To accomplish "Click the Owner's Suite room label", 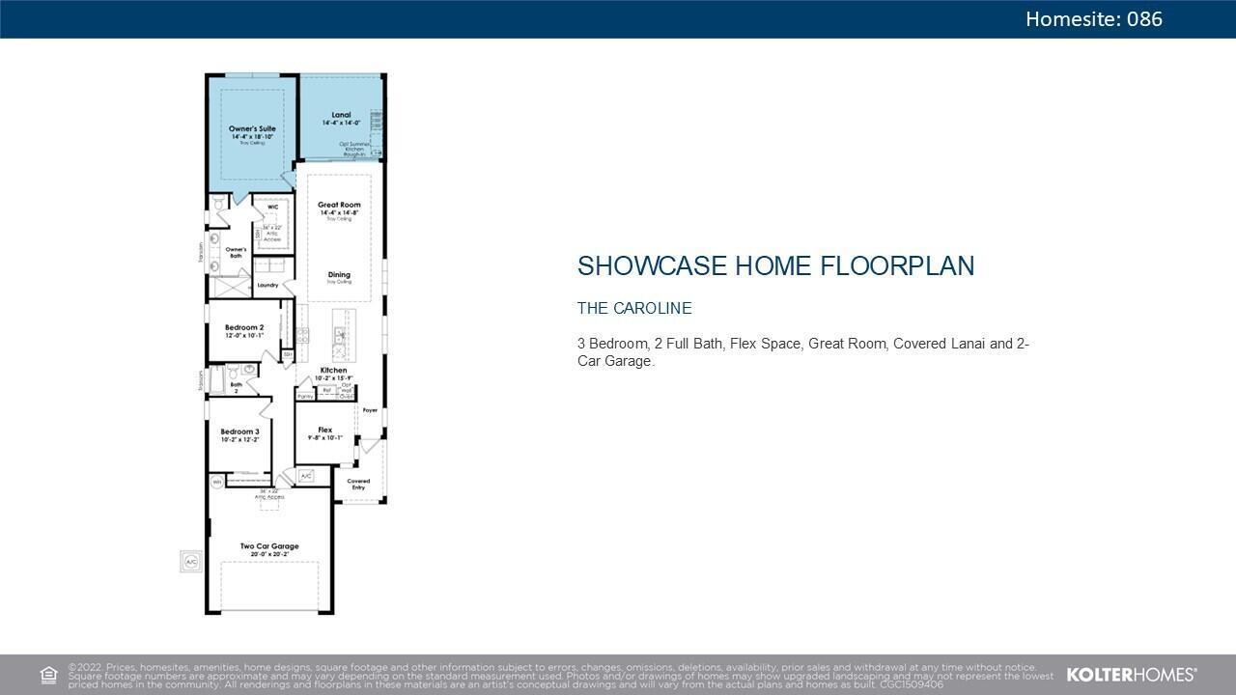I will pos(252,128).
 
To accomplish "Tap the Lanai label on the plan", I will pos(341,115).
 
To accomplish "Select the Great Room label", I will pos(339,205).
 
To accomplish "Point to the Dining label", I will pos(339,275).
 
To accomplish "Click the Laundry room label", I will pos(267,285).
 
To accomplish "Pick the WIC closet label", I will pos(272,207).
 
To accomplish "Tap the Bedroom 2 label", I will pos(244,328).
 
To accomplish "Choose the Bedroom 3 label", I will pos(239,431).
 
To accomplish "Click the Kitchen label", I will pos(334,371).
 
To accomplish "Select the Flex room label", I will pos(325,430).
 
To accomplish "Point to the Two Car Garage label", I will pos(269,546).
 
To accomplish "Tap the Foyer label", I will pos(370,410).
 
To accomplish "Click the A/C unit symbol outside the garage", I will pos(190,562).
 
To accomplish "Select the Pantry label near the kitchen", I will pos(305,396).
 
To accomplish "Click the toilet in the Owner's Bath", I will pos(219,205).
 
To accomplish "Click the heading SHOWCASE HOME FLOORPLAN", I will pos(775,266).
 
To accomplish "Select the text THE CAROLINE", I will pos(634,309).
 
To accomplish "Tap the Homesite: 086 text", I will pos(1093,19).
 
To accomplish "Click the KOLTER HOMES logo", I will pos(1131,675).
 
